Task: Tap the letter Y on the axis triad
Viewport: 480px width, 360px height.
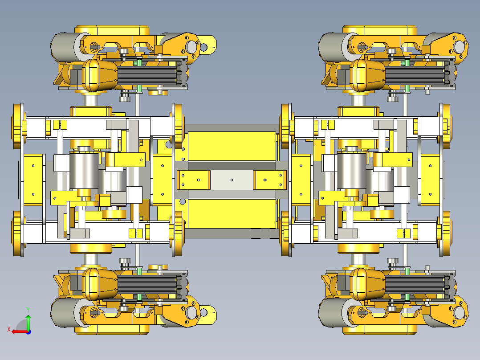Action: coord(28,310)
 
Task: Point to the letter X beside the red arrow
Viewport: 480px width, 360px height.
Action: coord(8,329)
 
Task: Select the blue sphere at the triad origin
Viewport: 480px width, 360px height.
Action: coord(28,332)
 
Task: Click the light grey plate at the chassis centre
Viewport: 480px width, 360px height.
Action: coord(232,180)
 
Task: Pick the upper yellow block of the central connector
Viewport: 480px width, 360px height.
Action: coord(232,147)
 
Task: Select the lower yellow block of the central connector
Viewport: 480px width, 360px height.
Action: coord(232,213)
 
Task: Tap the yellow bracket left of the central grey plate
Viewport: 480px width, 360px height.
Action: coord(193,180)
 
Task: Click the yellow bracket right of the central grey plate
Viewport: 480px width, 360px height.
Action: coord(270,180)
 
